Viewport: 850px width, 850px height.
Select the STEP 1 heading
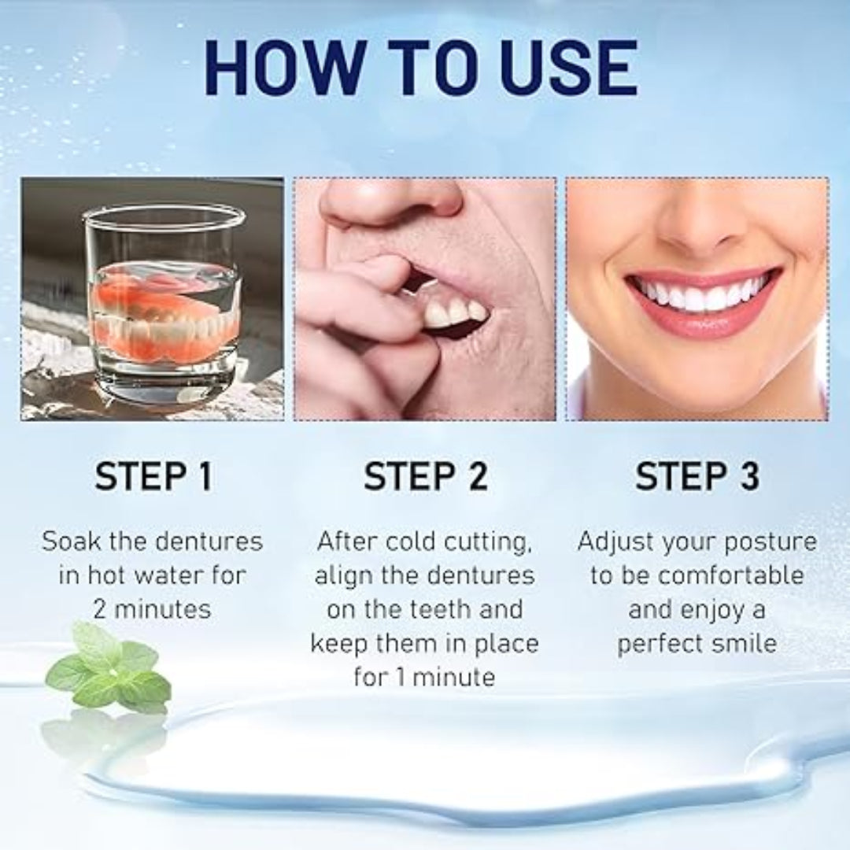(x=154, y=476)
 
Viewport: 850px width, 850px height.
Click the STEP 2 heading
(x=426, y=476)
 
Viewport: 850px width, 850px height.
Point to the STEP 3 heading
(x=697, y=476)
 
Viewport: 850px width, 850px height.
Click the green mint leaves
(x=110, y=667)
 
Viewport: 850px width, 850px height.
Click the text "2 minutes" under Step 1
(x=152, y=609)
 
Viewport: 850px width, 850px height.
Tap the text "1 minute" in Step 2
(x=445, y=677)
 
